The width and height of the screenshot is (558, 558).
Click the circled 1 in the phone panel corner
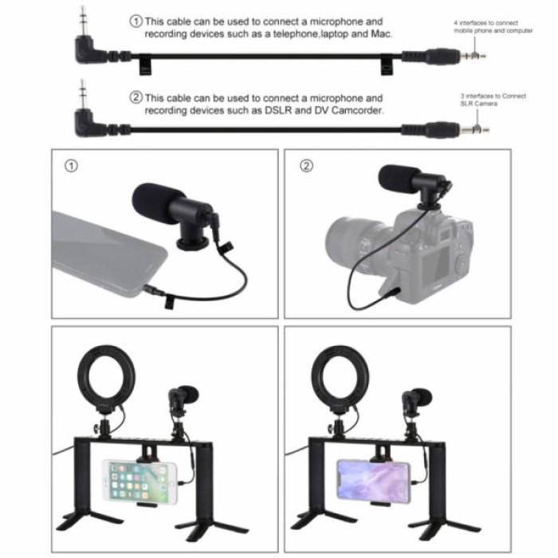72,167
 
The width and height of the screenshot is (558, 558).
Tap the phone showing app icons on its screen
138,481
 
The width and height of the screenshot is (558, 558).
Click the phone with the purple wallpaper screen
372,479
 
